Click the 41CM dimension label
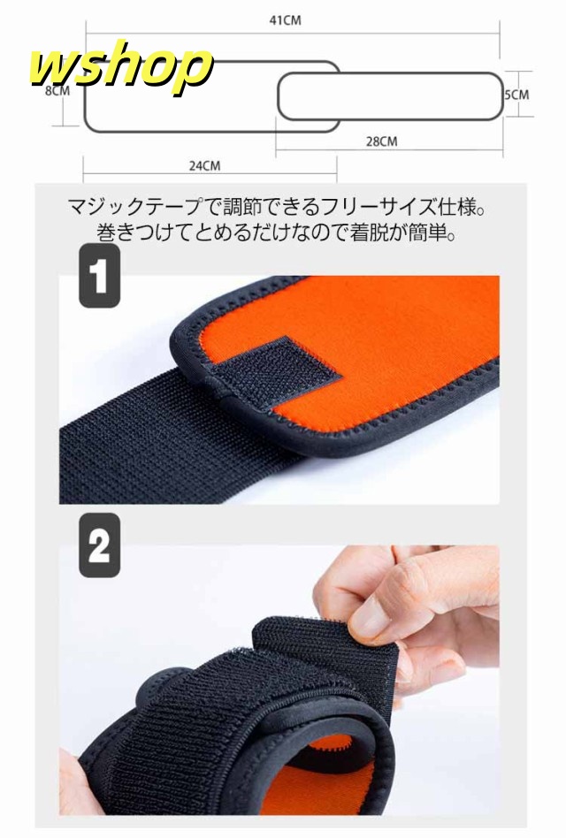(285, 20)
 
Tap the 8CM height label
(57, 90)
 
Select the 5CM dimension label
(516, 95)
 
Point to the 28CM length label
(382, 141)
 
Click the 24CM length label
(204, 165)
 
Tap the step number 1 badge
(100, 276)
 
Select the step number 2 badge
(100, 545)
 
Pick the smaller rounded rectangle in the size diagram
(390, 96)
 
